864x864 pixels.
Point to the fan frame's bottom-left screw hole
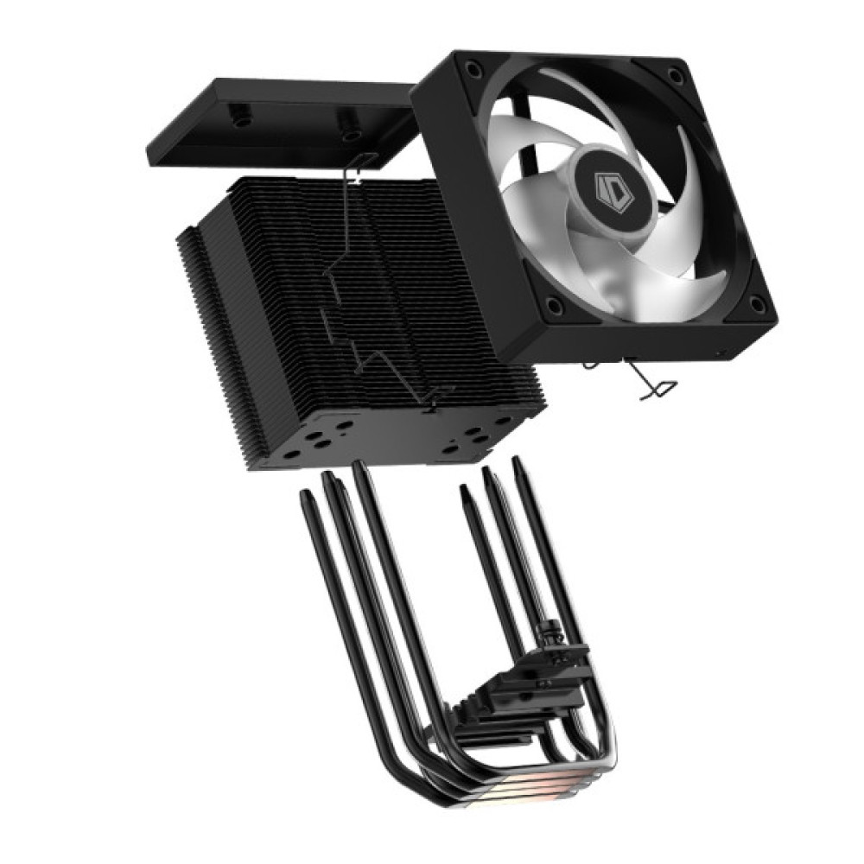coord(556,306)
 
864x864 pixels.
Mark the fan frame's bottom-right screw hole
coord(758,302)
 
